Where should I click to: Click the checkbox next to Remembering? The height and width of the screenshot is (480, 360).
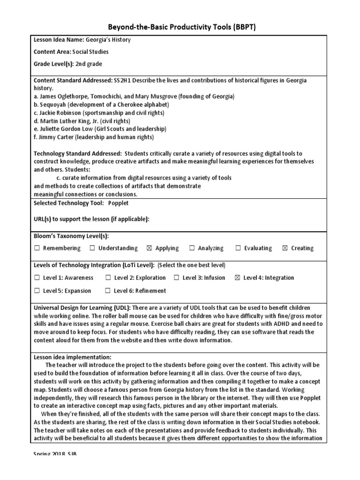point(37,248)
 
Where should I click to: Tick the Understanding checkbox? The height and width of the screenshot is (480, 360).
point(92,248)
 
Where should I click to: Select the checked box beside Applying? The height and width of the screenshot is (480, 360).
point(150,248)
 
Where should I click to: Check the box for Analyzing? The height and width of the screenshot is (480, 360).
point(192,248)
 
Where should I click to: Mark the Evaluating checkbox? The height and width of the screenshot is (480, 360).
point(238,248)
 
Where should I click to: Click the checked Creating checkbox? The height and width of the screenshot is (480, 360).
point(285,248)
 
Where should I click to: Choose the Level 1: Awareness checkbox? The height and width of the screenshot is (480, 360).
point(37,278)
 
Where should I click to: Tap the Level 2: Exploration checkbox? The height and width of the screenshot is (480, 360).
point(108,278)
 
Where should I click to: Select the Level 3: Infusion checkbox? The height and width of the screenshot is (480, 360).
point(176,278)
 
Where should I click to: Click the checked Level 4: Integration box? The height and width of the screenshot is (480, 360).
point(237,278)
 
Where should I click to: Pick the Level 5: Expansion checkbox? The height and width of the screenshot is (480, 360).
point(37,291)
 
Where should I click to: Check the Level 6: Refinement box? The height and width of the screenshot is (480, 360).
point(108,291)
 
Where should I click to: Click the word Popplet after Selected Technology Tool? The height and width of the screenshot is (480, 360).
point(118,203)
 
